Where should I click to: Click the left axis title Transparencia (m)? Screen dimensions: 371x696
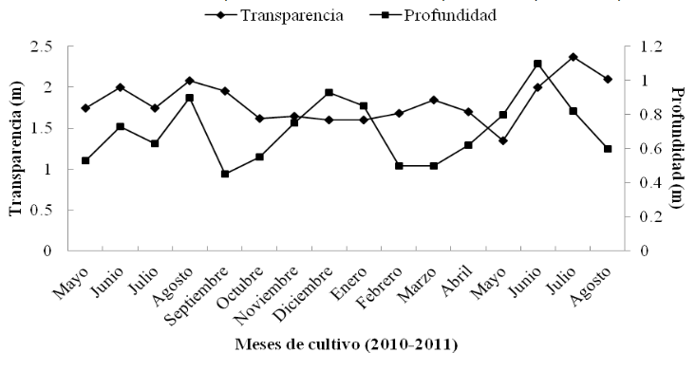coord(16,149)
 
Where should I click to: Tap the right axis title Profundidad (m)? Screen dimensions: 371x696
coord(677,149)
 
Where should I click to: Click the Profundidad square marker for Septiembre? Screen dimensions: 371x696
coord(224,174)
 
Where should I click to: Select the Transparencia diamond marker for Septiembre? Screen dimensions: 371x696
coord(224,91)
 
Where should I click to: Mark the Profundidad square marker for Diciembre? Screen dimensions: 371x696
coord(329,92)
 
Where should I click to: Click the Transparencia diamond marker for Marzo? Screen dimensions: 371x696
coord(433,100)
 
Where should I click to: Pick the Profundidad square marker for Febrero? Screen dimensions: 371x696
coord(399,166)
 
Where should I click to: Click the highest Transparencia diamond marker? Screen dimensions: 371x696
coord(573,57)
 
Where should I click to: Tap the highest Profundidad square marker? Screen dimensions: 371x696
coord(537,64)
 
